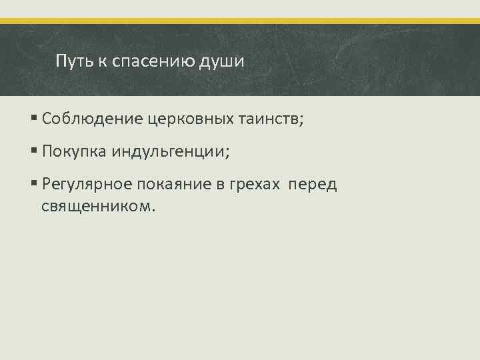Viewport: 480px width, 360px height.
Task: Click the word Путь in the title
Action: (x=72, y=62)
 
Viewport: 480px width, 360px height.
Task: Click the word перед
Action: (x=313, y=185)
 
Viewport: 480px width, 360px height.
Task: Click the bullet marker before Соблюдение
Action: (x=34, y=119)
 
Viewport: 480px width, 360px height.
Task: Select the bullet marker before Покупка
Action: (x=34, y=151)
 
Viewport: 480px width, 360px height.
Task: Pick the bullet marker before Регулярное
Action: (x=34, y=185)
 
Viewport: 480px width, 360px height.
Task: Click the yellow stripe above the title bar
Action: (x=240, y=21)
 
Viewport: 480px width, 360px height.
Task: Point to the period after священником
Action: (x=153, y=210)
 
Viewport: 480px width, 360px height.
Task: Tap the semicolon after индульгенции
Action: (x=227, y=153)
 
